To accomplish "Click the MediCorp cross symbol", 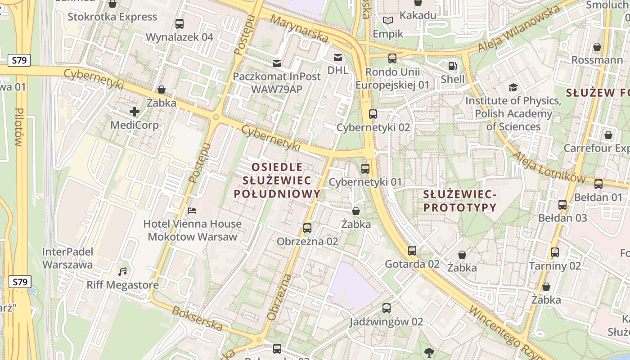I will [134, 111].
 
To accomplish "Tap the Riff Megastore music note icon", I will [122, 271].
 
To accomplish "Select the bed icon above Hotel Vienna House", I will [192, 210].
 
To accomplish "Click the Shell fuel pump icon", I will [452, 66].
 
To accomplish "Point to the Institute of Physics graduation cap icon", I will [513, 87].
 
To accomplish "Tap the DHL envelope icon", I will [337, 57].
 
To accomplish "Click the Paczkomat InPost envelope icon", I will [276, 63].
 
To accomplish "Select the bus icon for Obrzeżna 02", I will [307, 228].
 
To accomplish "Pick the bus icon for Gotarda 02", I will [412, 251].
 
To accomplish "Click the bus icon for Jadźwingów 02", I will [387, 308].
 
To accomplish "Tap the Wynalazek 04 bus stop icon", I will [180, 24].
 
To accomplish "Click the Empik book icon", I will [388, 21].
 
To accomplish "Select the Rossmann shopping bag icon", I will [597, 47].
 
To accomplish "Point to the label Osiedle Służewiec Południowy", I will [277, 180].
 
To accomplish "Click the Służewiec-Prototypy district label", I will [459, 201].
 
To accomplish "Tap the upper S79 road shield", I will [19, 60].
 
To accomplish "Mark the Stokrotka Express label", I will [112, 17].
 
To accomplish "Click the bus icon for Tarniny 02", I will [555, 252].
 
